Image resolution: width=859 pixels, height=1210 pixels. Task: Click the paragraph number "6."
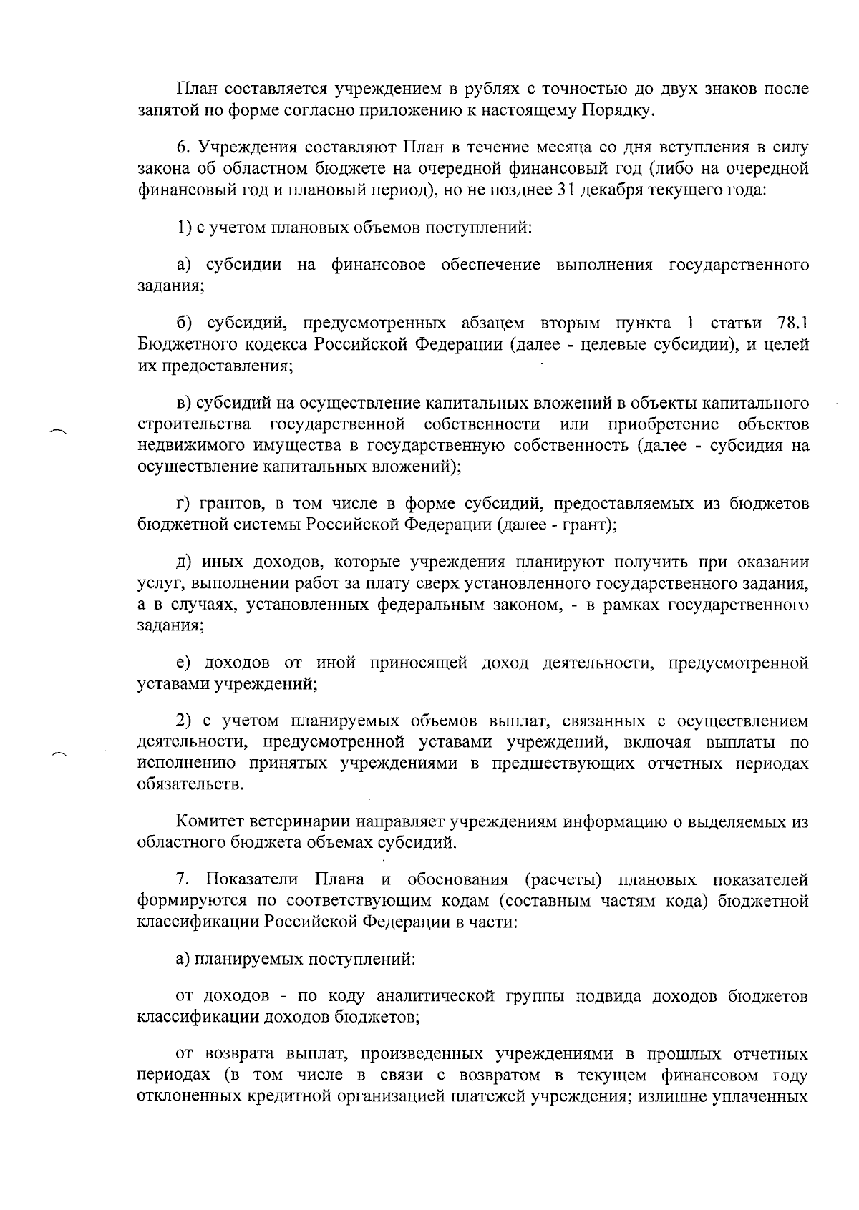(x=183, y=148)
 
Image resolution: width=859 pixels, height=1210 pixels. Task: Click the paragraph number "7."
(x=183, y=879)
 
